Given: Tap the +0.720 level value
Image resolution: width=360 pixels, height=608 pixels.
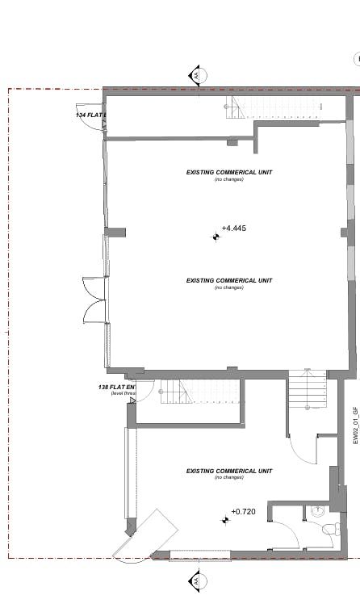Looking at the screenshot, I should (243, 512).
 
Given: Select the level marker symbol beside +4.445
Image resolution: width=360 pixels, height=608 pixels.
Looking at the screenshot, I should (216, 237).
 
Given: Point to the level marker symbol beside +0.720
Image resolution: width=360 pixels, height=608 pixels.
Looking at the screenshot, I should (225, 520).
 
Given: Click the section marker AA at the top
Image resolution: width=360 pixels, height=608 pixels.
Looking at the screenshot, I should (195, 76).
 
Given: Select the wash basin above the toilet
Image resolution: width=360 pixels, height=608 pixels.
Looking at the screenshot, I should (318, 512).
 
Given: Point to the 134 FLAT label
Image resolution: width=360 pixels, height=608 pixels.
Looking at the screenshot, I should (90, 115).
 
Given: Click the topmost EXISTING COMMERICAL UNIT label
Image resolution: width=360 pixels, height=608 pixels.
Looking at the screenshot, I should (229, 172).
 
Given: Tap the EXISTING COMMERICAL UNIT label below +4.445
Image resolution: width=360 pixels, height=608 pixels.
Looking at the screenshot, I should (229, 281).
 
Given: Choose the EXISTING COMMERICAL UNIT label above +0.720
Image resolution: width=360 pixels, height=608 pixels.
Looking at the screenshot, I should (229, 472).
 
